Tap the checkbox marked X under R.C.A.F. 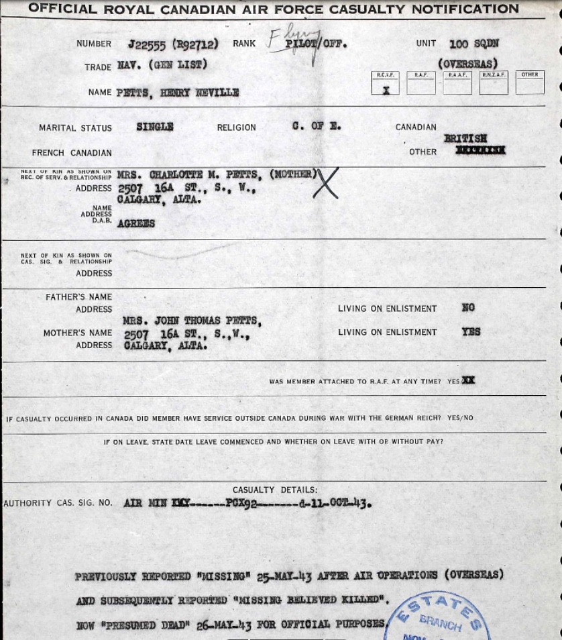[385, 87]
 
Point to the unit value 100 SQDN [474, 44]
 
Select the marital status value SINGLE [155, 127]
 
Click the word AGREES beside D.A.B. [136, 223]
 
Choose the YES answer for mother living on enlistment [471, 332]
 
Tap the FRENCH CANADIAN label [72, 153]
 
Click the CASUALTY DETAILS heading [275, 490]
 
